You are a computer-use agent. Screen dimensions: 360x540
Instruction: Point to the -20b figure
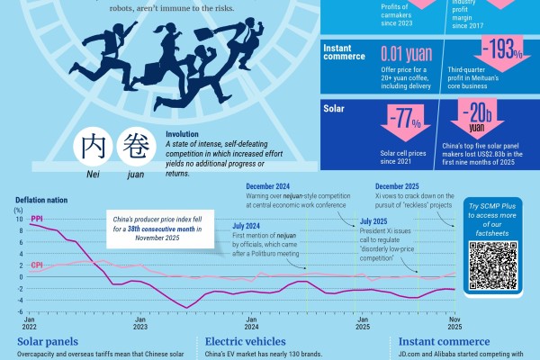click(x=477, y=114)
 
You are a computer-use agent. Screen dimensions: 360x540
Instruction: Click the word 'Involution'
click(x=186, y=133)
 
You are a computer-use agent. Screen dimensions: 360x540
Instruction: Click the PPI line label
click(x=37, y=219)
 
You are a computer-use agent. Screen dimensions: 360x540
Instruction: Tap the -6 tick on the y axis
click(x=19, y=311)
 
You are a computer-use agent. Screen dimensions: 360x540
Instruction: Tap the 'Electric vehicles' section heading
click(x=245, y=342)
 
